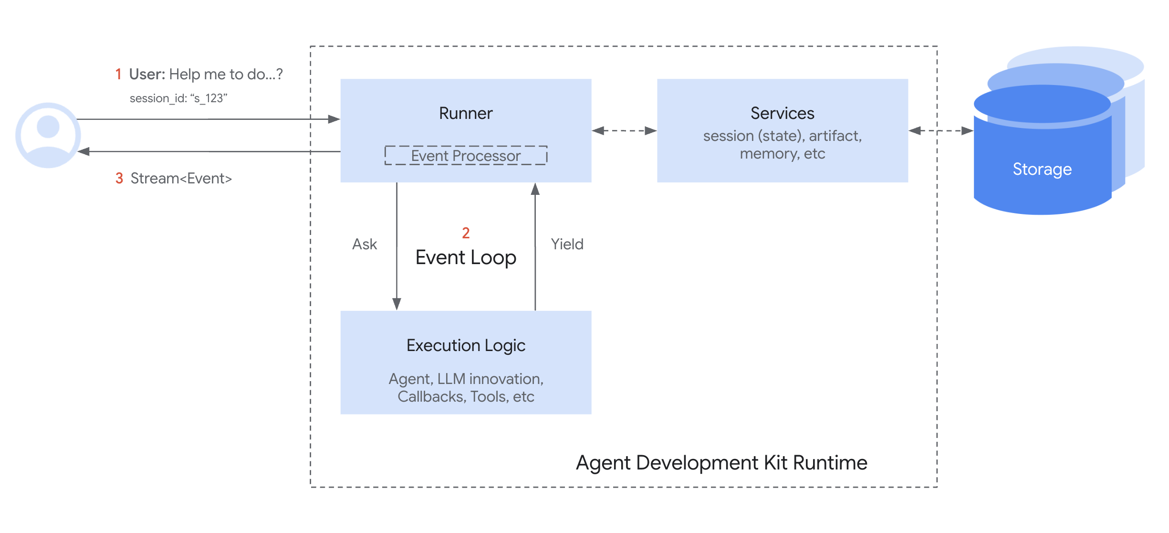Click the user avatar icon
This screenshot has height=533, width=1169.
(x=48, y=135)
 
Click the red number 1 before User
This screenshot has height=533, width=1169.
(x=118, y=75)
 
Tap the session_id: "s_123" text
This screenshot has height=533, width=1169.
(x=178, y=98)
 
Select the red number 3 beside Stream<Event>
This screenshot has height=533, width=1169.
(x=119, y=179)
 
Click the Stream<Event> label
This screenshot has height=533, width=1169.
(x=181, y=179)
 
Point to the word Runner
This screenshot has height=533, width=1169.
(x=465, y=114)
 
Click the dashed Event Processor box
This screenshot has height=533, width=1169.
(x=466, y=156)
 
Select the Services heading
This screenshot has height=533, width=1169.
(x=782, y=114)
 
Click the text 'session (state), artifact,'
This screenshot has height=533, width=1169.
(x=782, y=136)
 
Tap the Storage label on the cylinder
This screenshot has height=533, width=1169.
(x=1042, y=170)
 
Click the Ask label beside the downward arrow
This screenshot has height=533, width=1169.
(x=365, y=245)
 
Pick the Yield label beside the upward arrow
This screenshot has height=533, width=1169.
(x=567, y=245)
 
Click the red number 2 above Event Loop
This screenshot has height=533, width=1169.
(x=466, y=233)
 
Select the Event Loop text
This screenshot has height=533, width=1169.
(x=466, y=258)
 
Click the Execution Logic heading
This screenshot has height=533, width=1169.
(x=466, y=345)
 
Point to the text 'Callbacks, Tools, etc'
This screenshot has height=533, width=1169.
(x=466, y=397)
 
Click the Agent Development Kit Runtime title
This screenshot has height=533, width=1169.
(x=721, y=463)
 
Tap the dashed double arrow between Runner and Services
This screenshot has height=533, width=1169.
(x=624, y=130)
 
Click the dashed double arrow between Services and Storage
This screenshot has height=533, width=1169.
(x=940, y=130)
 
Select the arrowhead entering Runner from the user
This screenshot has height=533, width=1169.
(x=334, y=119)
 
